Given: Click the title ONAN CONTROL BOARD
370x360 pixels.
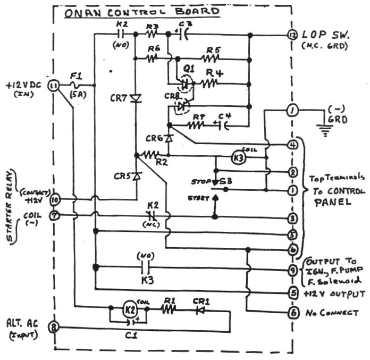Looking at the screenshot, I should pos(141,12).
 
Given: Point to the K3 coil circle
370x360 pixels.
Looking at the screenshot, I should pos(239,157).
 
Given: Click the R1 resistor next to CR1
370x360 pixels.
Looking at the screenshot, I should pos(169,309).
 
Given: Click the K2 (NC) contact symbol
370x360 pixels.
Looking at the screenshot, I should pos(150,216).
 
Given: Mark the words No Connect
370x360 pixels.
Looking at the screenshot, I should pos(332,313).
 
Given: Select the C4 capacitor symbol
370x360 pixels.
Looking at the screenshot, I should pos(223,126).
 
